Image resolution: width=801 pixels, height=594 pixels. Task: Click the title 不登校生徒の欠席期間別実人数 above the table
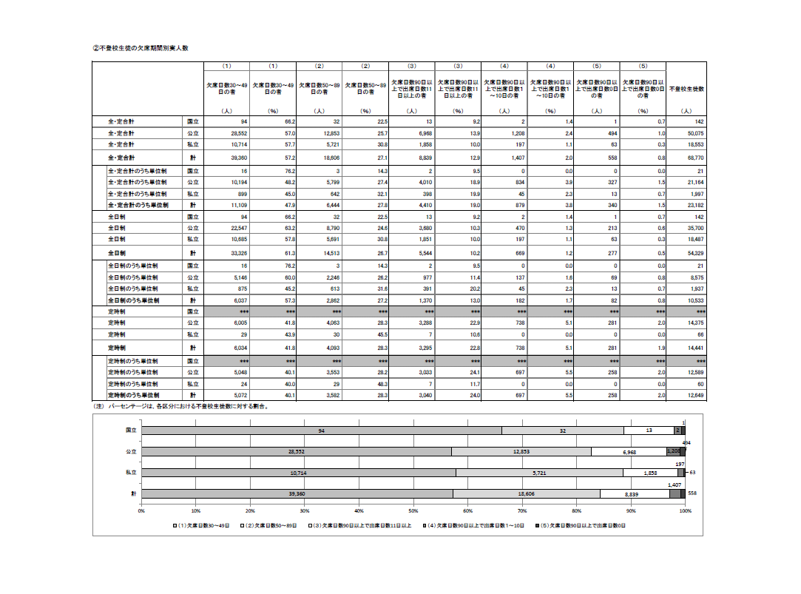coord(141,47)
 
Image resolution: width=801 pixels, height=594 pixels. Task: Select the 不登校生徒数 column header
coord(686,89)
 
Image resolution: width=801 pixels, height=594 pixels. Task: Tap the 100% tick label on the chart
coord(685,510)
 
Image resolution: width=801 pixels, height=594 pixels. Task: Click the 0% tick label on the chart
coord(141,510)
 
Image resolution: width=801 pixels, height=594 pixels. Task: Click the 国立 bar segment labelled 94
coord(321,430)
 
